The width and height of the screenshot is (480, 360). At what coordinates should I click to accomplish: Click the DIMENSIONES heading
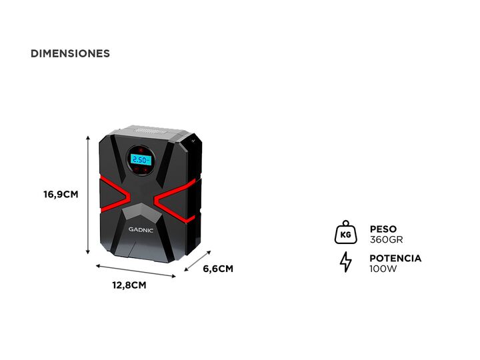tap(70, 53)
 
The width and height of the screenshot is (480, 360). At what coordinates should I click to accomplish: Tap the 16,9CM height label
tap(61, 195)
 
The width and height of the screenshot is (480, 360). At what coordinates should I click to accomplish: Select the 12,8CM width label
tap(129, 285)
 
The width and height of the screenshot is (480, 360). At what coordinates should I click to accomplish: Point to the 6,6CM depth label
tap(218, 269)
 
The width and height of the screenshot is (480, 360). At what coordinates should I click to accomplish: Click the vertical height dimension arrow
tap(88, 193)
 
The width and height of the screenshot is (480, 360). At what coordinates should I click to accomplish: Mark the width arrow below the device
tap(136, 271)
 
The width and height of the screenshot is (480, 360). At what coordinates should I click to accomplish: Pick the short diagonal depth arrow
tap(197, 261)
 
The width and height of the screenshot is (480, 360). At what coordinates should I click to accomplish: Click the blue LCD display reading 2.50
tap(141, 160)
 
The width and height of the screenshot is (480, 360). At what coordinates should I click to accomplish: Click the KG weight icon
tap(345, 233)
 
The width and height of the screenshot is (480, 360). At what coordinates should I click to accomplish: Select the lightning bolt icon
tap(345, 263)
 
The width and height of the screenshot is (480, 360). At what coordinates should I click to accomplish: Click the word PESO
tap(383, 229)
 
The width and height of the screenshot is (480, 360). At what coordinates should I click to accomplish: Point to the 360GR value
tap(386, 240)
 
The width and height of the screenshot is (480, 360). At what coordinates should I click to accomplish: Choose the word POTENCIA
tap(395, 259)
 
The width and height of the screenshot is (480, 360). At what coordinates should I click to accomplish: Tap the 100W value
tap(383, 269)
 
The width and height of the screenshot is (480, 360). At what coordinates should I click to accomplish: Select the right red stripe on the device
tap(175, 194)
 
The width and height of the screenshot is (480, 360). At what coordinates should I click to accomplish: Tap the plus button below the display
tap(147, 171)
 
